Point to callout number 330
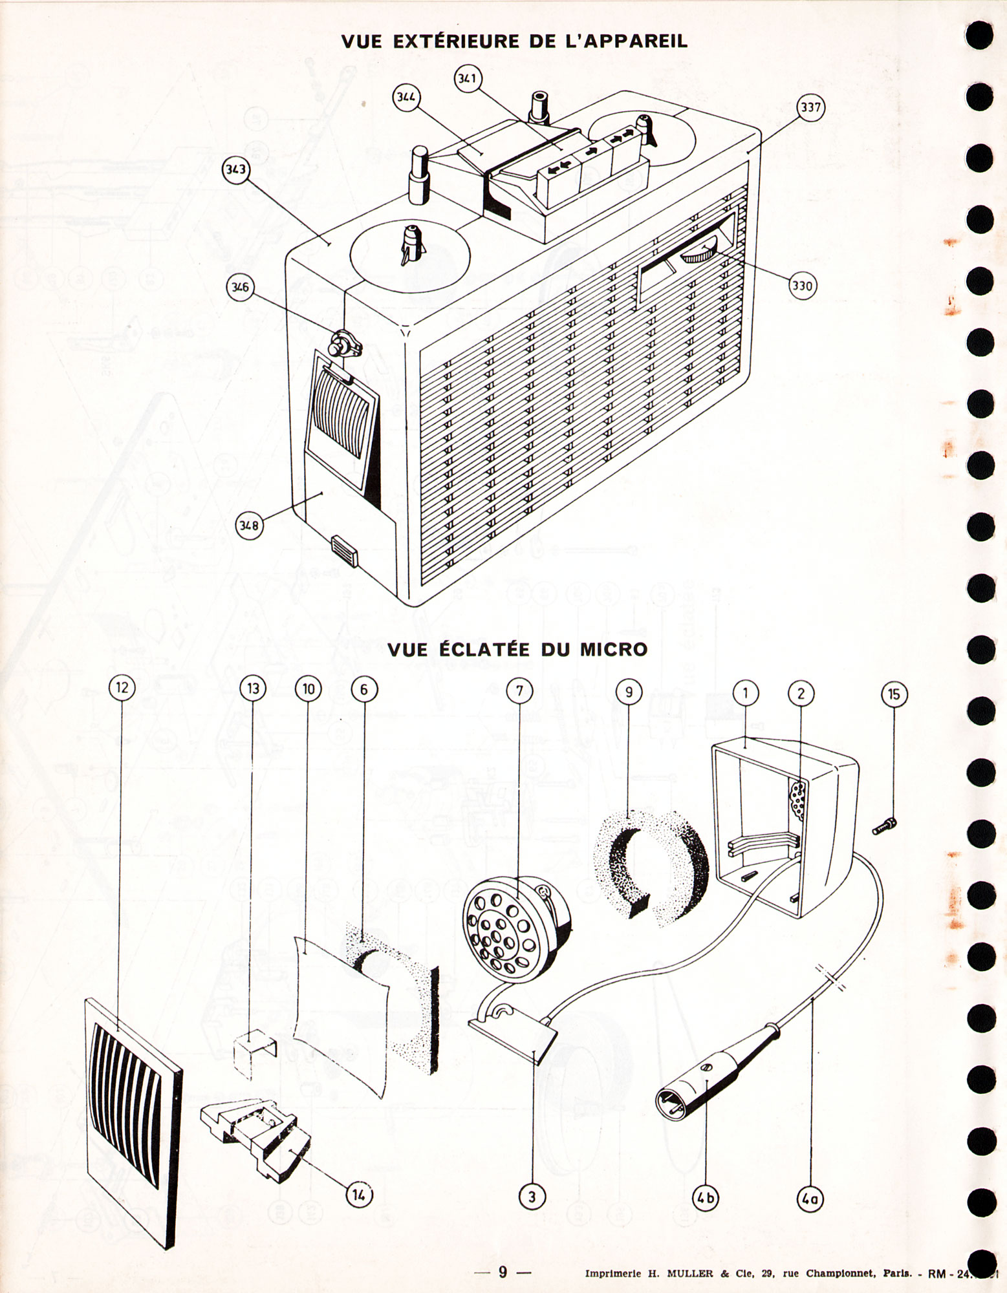pyautogui.click(x=802, y=285)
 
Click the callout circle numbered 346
pyautogui.click(x=241, y=288)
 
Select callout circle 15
pyautogui.click(x=894, y=694)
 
